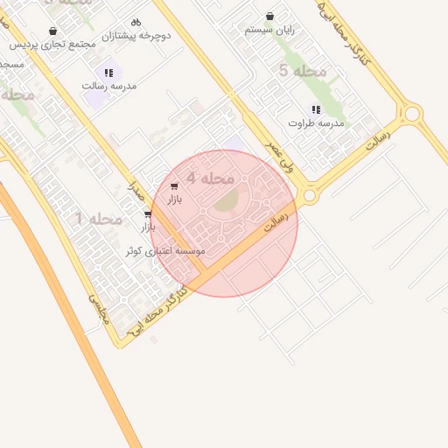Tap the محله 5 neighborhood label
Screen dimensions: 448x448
pos(303,70)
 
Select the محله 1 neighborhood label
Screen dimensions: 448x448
pos(99,218)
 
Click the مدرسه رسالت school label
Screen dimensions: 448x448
pos(106,86)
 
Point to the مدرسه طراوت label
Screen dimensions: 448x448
pos(316,123)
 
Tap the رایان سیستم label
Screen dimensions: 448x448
pos(269,30)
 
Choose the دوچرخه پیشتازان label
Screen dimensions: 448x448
pos(136,36)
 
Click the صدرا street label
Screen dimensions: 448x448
pos(136,187)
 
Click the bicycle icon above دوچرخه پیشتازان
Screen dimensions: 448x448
pos(136,22)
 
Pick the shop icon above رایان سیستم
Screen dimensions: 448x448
pos(269,17)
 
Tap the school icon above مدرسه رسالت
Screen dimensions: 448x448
pos(108,73)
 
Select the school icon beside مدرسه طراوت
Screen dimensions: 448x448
pos(316,110)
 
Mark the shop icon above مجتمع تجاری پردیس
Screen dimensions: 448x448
pos(52,31)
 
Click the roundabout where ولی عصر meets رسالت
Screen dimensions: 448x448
pos(308,193)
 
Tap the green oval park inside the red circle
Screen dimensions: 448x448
pos(226,201)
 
